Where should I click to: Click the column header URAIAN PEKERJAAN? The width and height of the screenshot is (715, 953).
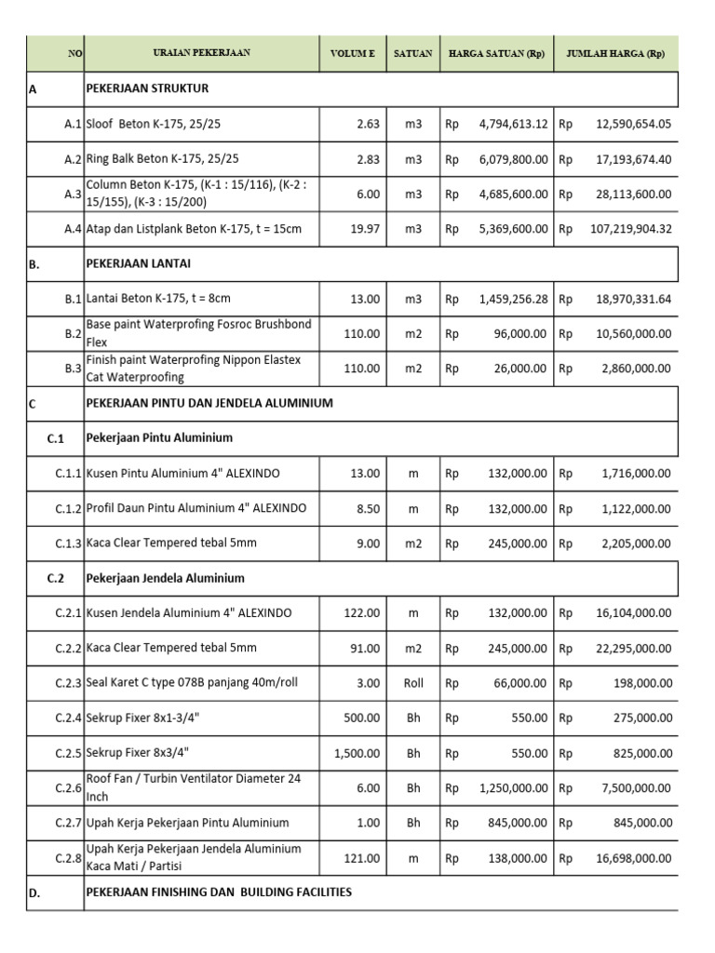point(202,54)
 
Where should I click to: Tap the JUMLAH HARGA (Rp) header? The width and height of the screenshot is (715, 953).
point(615,54)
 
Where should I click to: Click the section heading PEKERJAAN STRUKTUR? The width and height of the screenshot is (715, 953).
point(147,89)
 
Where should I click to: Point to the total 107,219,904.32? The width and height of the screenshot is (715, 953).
point(630,229)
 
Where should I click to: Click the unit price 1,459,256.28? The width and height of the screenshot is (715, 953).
point(513,299)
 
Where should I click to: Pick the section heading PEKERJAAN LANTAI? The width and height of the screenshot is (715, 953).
point(141,264)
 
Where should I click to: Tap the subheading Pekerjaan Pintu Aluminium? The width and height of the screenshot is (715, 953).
point(159,438)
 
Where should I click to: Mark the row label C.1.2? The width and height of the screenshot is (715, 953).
point(69,508)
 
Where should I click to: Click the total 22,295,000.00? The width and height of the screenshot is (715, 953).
point(633,648)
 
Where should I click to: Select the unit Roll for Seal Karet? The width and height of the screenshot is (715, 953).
point(413,683)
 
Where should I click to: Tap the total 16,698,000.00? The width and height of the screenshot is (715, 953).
point(633,857)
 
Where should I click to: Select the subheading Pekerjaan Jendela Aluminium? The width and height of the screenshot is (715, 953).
point(165,578)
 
